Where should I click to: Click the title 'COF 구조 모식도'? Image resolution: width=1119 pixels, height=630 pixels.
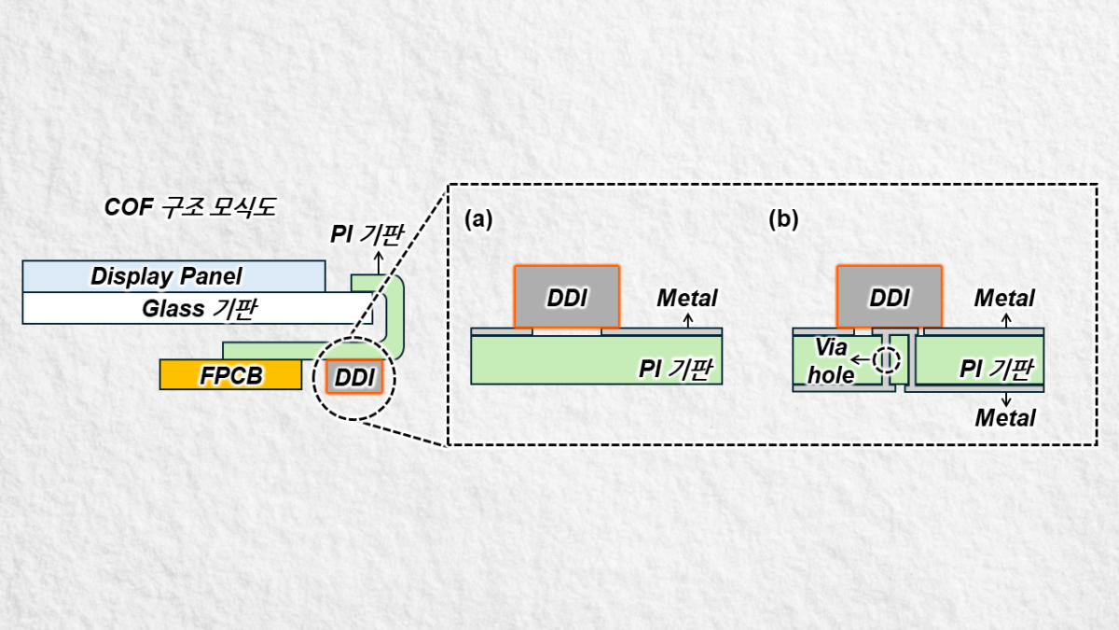(189, 207)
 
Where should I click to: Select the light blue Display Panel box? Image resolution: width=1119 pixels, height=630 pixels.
(173, 276)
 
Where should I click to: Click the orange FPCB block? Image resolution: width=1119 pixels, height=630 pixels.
(230, 374)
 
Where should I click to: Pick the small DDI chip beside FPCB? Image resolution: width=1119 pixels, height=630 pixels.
(354, 376)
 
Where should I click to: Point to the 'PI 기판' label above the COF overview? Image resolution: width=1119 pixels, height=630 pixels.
(366, 232)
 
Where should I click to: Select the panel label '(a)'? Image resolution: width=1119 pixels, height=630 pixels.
(477, 219)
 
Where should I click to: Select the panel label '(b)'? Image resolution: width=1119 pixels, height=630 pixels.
(783, 219)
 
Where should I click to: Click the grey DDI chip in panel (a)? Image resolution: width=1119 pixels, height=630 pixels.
(566, 297)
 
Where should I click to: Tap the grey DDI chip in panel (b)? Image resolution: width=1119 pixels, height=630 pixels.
(889, 297)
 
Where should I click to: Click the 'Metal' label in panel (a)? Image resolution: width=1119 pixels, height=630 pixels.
(687, 298)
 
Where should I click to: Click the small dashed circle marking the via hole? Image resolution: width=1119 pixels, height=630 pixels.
(888, 359)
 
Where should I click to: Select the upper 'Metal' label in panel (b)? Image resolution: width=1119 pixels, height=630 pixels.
(1004, 298)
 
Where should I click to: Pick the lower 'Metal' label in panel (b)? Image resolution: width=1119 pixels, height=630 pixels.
(1005, 418)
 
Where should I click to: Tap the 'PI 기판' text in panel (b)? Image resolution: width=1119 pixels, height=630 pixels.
(996, 369)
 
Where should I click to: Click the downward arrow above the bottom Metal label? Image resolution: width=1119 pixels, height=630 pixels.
(1005, 399)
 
